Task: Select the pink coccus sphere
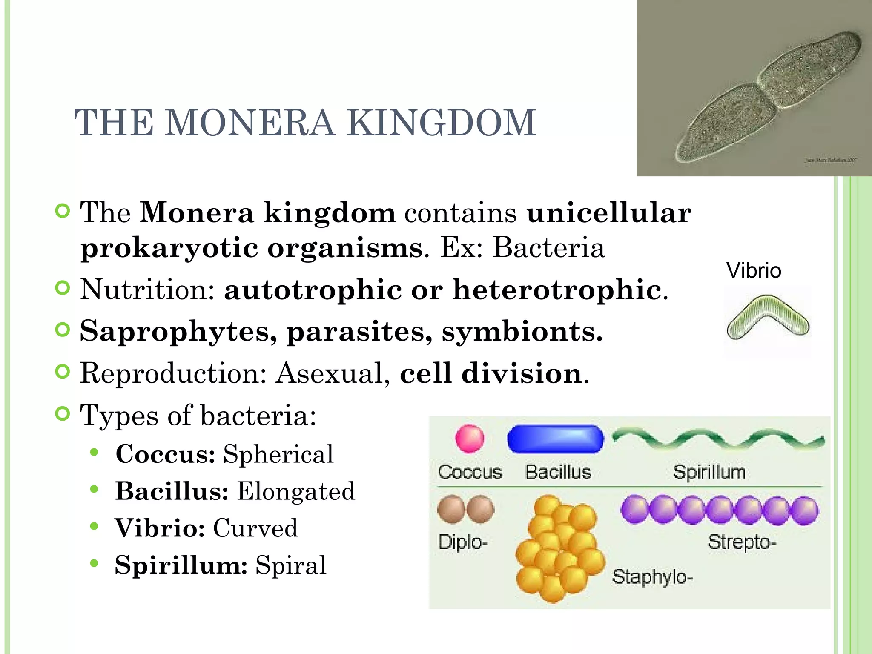point(470,439)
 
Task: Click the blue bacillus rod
point(556,439)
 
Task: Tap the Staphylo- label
point(652,577)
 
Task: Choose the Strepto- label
point(742,542)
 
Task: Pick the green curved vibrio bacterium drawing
point(768,317)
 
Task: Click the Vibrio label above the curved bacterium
point(754,271)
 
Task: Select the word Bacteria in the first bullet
point(548,248)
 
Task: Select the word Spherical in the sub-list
point(278,454)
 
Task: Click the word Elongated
point(296,491)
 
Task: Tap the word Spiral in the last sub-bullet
point(291,565)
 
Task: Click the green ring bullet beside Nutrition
point(63,288)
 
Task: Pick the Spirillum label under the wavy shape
point(709,472)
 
